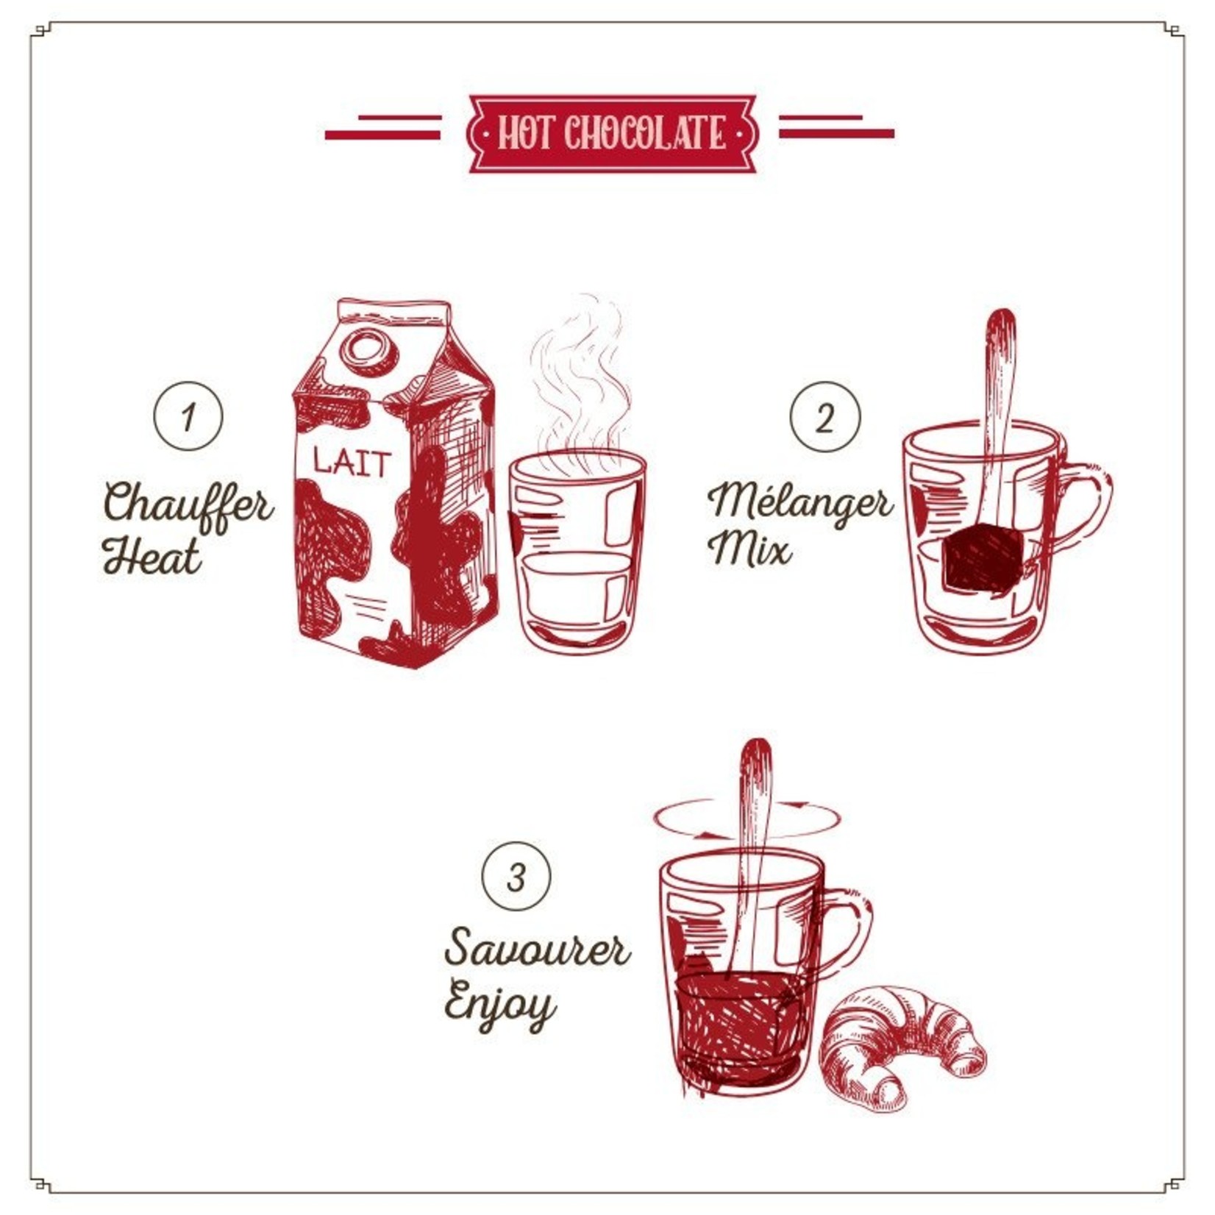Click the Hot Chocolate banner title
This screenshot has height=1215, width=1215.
[612, 134]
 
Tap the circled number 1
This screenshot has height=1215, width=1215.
[188, 416]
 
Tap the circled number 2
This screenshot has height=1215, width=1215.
[824, 416]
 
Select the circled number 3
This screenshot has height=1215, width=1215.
[516, 877]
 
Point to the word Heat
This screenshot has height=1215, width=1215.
[152, 556]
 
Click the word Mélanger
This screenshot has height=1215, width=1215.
[800, 503]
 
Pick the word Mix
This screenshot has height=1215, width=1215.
[749, 549]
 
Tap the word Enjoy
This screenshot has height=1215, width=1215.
[500, 1005]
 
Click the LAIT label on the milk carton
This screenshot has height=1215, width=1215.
[352, 462]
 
